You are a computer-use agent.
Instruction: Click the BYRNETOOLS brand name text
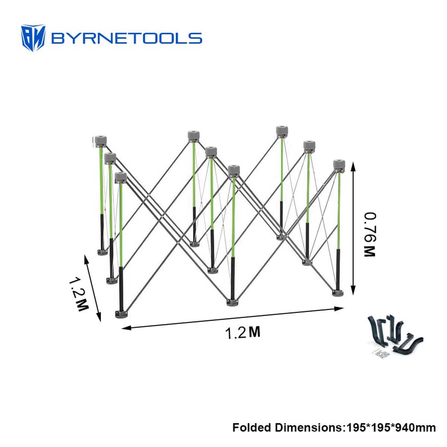[126, 38]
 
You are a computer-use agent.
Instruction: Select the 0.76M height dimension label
[369, 235]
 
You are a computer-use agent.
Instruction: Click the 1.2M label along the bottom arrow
[242, 332]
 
